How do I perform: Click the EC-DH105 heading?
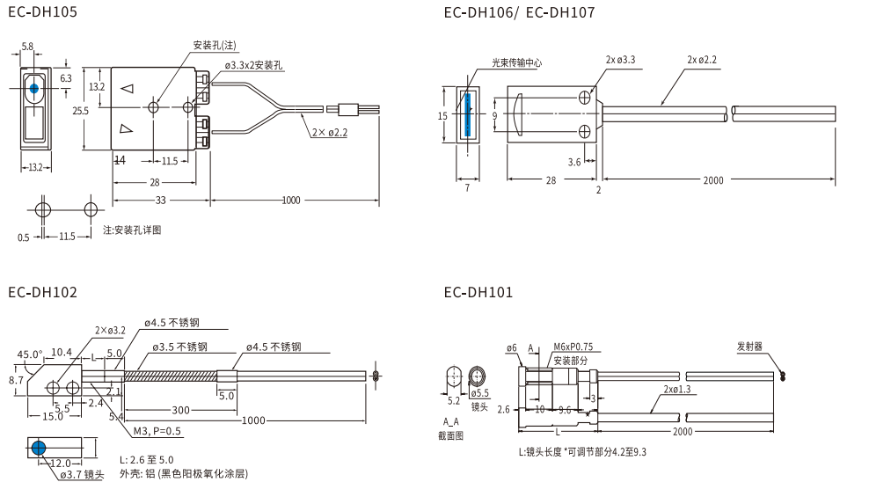pos(42,12)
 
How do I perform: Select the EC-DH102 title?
pos(42,293)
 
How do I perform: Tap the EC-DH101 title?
pos(478,293)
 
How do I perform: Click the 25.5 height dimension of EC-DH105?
pos(80,111)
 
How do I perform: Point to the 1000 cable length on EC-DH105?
pos(290,201)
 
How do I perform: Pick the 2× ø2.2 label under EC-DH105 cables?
pos(330,133)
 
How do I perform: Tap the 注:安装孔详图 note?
pos(132,230)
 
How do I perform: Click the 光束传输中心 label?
pos(516,62)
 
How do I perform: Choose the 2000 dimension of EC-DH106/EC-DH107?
pos(713,180)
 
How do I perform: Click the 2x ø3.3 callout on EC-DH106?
pos(620,60)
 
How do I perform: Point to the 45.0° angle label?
pos(30,355)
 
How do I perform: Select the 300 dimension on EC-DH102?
pos(180,410)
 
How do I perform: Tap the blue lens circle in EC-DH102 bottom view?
pos(39,449)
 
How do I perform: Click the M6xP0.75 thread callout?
pos(573,347)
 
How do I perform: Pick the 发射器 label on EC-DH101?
pos(749,347)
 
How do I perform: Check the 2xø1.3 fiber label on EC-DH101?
pos(677,389)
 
